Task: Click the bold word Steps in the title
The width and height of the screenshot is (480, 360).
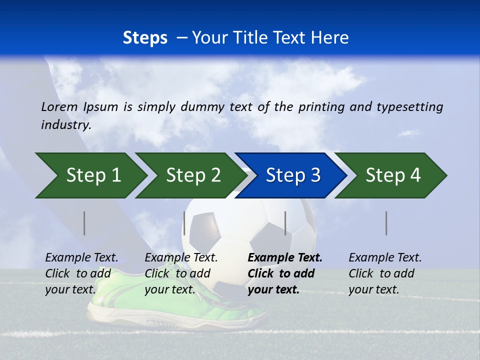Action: [x=145, y=38]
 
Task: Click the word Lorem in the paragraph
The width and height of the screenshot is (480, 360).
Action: [x=59, y=106]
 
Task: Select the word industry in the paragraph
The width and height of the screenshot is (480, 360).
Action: [x=65, y=124]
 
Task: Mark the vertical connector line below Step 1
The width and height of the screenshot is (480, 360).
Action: [x=84, y=223]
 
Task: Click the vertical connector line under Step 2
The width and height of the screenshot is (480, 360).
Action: [x=184, y=223]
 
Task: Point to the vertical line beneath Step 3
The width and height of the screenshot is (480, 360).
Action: [x=285, y=223]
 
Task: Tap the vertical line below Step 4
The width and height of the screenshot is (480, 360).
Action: [x=386, y=223]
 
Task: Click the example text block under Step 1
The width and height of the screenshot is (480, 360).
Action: [x=81, y=273]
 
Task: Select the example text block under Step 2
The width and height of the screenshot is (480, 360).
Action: [x=181, y=273]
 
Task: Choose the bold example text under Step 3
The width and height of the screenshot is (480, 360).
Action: [x=284, y=273]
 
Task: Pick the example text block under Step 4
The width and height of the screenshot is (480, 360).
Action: [x=384, y=273]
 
